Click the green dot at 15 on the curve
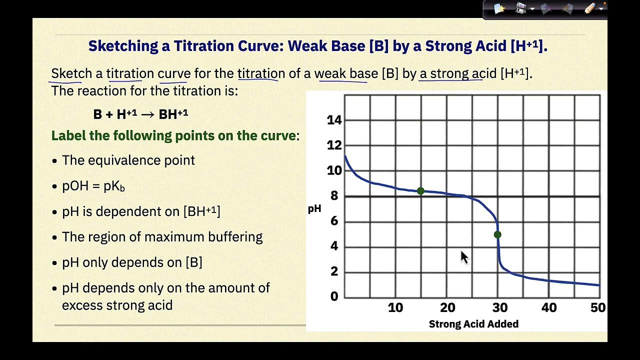420,191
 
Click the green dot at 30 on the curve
497,234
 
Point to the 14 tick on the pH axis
334,120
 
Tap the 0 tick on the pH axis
334,296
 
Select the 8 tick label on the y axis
334,196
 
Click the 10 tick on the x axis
395,307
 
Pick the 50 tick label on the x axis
598,307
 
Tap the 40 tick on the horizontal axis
549,307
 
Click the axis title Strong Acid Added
473,324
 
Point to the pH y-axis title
314,209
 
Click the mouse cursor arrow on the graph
464,257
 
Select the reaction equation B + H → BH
140,114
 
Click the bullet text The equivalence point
128,160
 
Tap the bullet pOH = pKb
93,186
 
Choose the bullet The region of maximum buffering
162,236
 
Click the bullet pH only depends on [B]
132,262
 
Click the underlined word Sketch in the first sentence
71,73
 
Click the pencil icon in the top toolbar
590,8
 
